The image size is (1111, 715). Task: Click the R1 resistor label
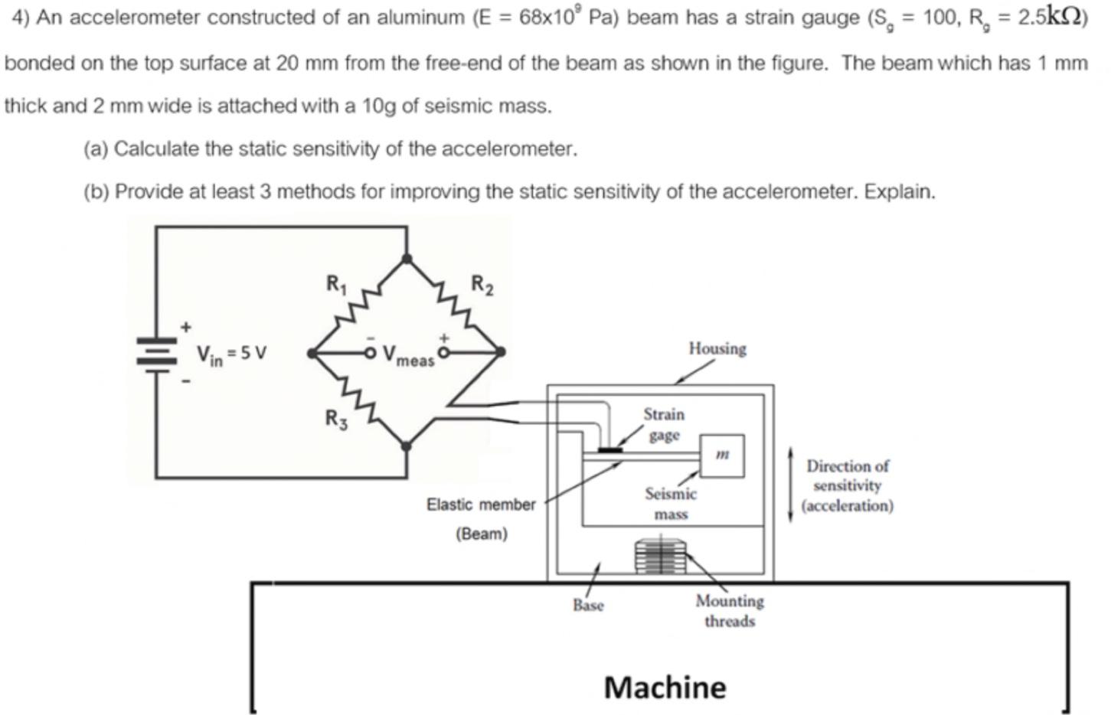tap(336, 284)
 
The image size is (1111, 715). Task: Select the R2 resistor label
tap(482, 285)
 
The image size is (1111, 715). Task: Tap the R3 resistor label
tap(335, 419)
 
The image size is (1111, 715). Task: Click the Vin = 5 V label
tap(231, 354)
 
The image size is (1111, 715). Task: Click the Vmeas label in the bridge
tap(407, 356)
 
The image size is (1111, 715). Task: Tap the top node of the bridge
tap(407, 259)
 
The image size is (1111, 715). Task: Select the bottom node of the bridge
tap(407, 446)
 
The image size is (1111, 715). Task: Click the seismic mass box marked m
tap(722, 455)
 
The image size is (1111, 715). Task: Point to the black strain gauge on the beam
tap(609, 450)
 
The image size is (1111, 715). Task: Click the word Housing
tap(717, 348)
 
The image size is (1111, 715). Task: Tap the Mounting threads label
tap(729, 611)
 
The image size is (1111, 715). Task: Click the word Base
tap(588, 605)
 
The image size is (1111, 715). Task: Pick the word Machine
tap(665, 687)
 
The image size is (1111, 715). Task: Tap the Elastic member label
tap(481, 504)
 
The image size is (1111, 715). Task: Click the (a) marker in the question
tap(95, 149)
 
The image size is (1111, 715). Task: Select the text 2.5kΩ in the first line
tap(1048, 17)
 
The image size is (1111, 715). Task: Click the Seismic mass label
tap(670, 504)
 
